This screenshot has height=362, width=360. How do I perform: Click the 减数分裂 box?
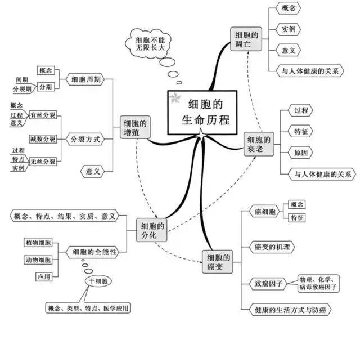click(43, 138)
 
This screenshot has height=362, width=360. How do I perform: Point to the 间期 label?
click(22, 80)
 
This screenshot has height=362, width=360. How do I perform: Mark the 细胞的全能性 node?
click(91, 252)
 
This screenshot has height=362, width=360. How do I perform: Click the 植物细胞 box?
click(38, 243)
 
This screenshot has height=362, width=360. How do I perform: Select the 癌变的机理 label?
click(276, 247)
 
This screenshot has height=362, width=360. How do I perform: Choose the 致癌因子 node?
click(269, 283)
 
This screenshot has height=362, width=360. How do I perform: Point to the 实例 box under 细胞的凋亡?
click(289, 29)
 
